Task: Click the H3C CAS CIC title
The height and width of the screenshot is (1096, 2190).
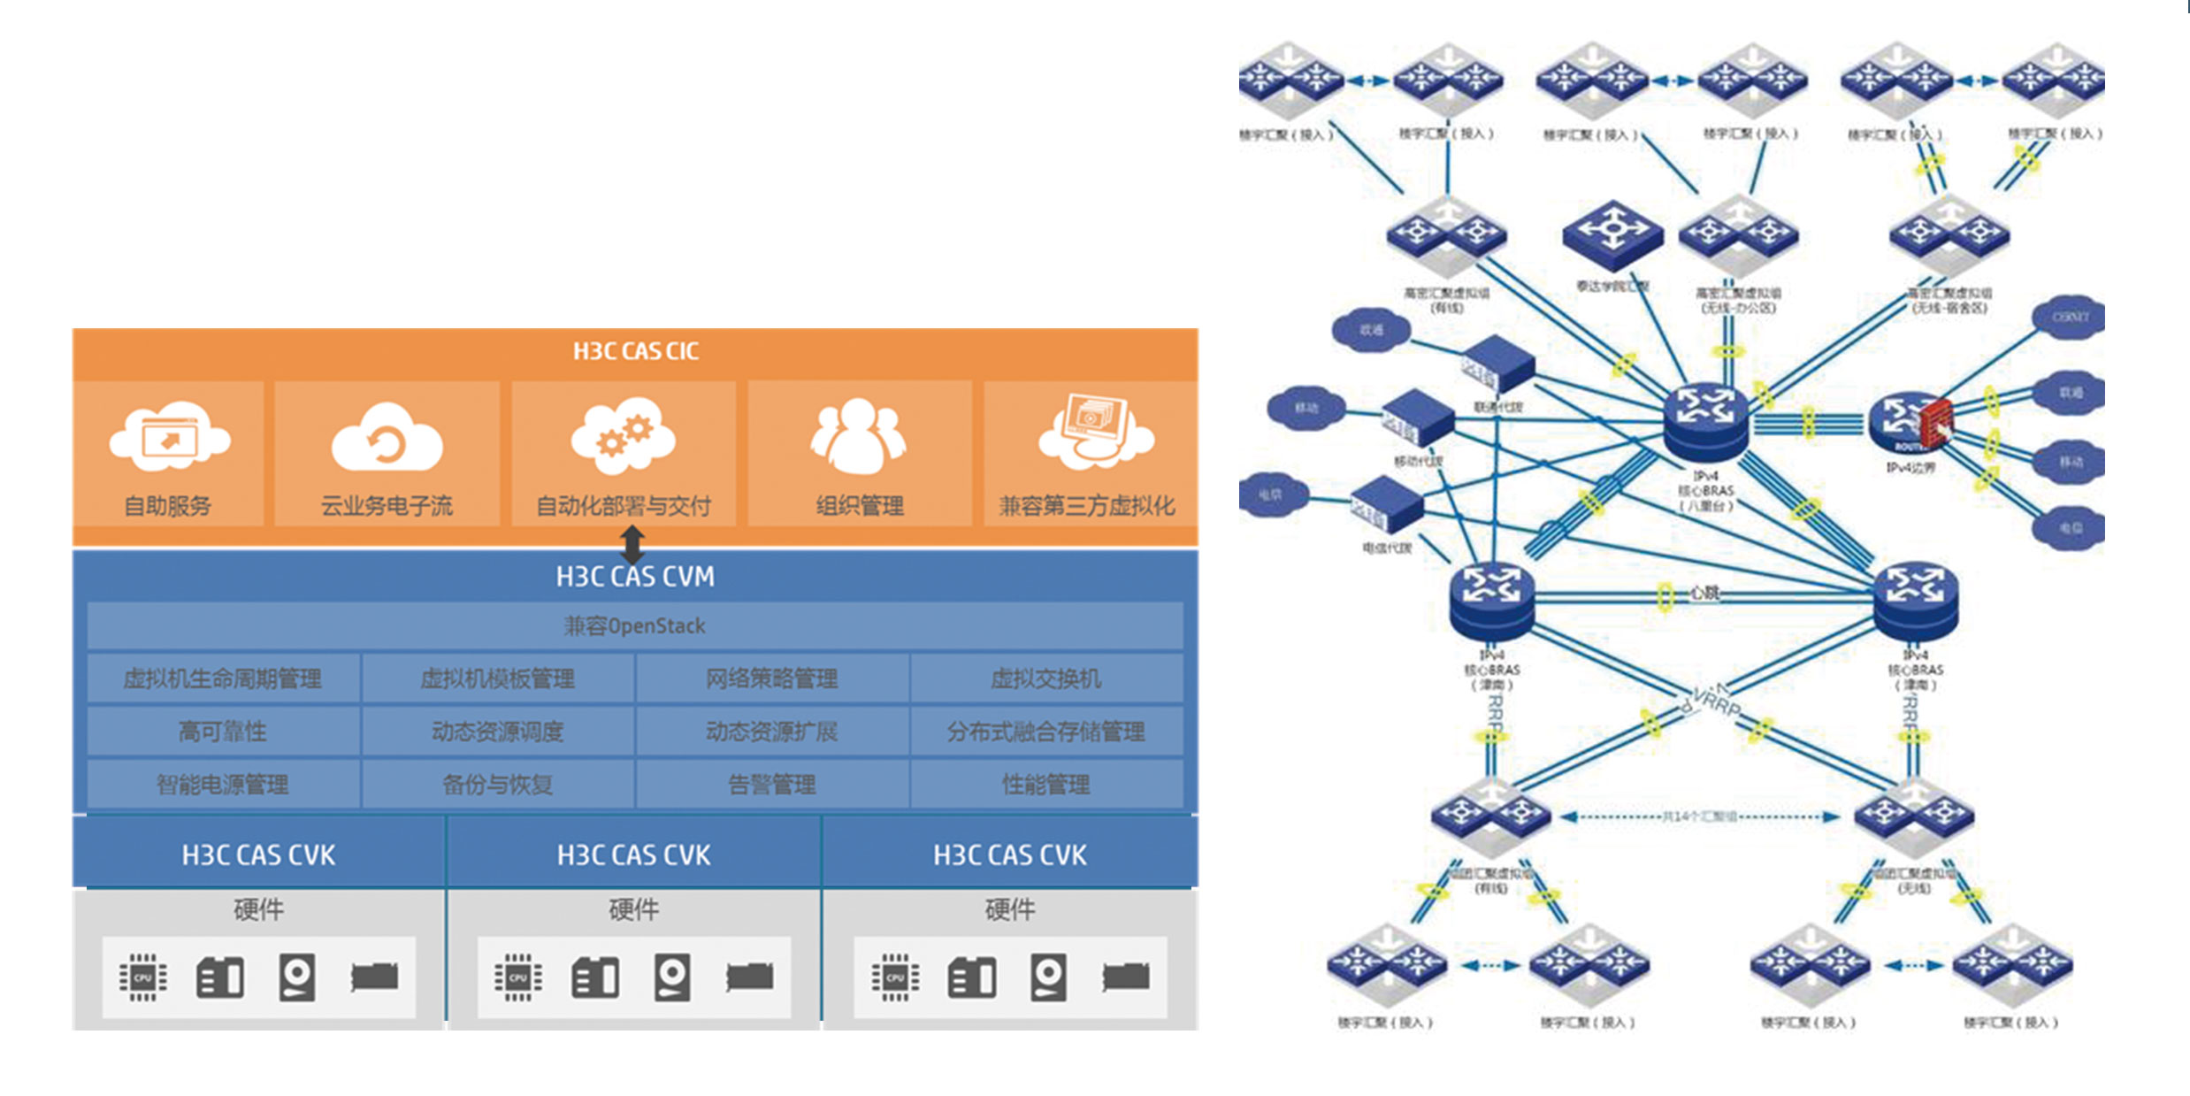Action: pyautogui.click(x=635, y=352)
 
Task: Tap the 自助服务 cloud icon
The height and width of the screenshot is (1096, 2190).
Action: pyautogui.click(x=169, y=437)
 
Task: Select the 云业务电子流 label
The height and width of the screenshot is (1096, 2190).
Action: pyautogui.click(x=387, y=506)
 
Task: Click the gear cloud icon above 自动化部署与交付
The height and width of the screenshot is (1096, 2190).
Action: pyautogui.click(x=623, y=435)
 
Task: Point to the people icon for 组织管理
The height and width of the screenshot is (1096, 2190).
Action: pyautogui.click(x=858, y=435)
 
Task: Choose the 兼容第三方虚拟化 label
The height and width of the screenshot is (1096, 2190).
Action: pyautogui.click(x=1087, y=506)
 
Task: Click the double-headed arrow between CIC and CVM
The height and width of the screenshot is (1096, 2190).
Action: pyautogui.click(x=632, y=544)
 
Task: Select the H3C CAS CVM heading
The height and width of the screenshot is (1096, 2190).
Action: pyautogui.click(x=635, y=577)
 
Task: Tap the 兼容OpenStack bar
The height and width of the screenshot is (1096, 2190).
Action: pyautogui.click(x=635, y=626)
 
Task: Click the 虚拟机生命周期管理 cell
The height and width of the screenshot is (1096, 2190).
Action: pyautogui.click(x=223, y=679)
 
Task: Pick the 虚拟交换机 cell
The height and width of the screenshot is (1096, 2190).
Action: pyautogui.click(x=1045, y=679)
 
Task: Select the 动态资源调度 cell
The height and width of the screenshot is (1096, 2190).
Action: pyautogui.click(x=497, y=732)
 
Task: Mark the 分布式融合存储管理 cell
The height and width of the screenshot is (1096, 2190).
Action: pyautogui.click(x=1045, y=732)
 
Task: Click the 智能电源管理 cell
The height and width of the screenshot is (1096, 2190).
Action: pyautogui.click(x=223, y=785)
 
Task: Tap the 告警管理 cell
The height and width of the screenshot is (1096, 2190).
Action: pyautogui.click(x=771, y=785)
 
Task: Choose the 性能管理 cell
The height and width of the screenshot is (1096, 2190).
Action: pyautogui.click(x=1045, y=785)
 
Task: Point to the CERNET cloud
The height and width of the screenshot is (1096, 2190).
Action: pyautogui.click(x=2070, y=317)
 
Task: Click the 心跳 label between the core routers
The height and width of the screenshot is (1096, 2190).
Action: pyautogui.click(x=1704, y=593)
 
